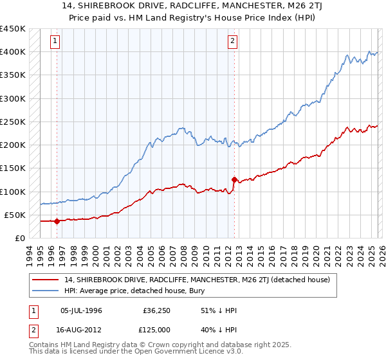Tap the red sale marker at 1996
click(57, 221)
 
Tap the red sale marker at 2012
click(234, 180)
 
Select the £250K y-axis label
click(12, 122)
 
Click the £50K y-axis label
click(15, 215)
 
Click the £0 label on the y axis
click(20, 238)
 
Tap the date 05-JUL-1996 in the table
click(81, 310)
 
